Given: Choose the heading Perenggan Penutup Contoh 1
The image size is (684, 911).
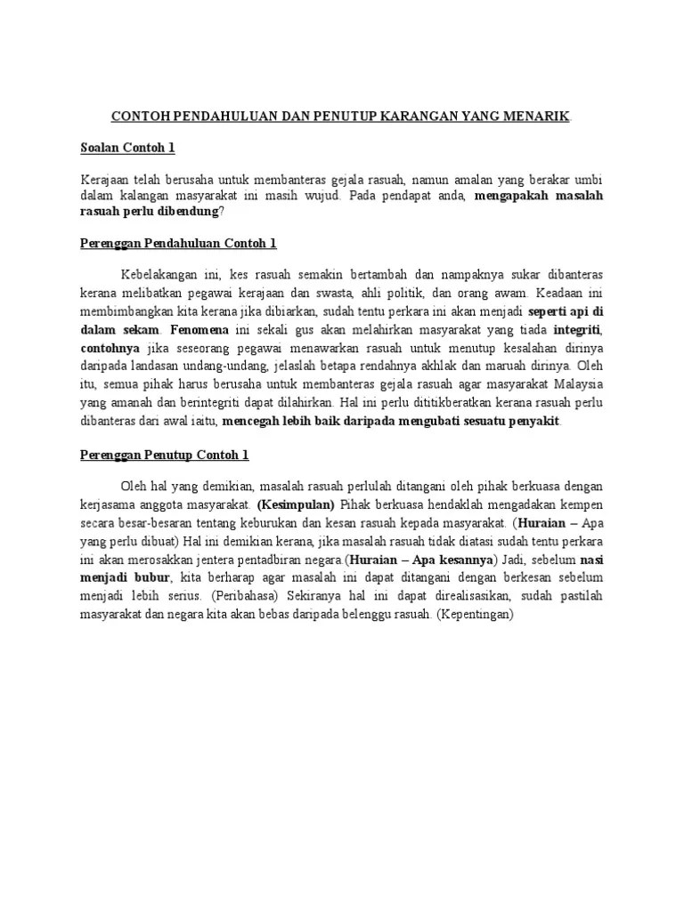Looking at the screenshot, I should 165,455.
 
